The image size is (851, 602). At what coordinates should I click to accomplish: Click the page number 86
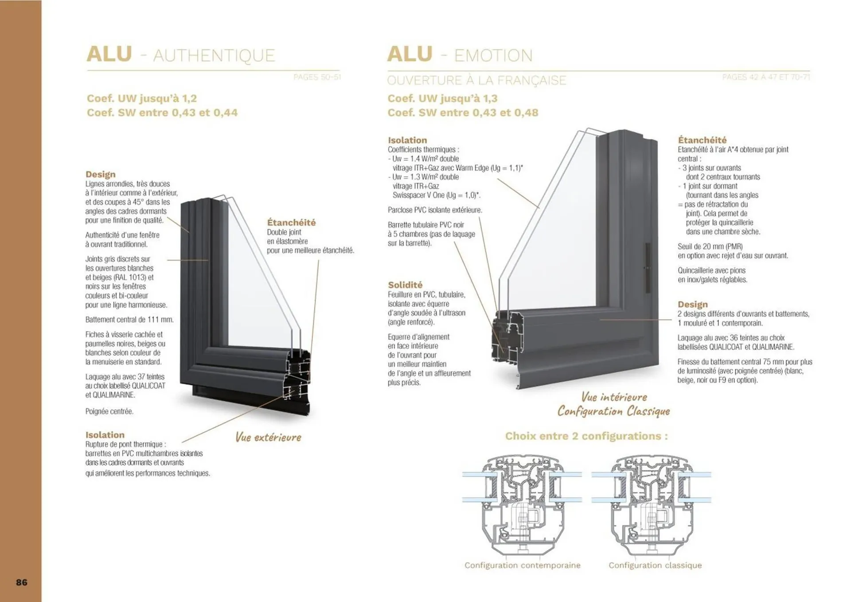tap(22, 582)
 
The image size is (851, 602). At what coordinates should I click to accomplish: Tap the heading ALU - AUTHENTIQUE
tap(181, 55)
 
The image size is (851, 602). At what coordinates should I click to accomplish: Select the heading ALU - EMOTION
tap(460, 55)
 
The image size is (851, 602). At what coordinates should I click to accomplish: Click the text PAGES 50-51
tap(317, 77)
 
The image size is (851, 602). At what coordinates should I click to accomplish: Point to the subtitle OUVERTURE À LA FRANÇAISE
tap(476, 81)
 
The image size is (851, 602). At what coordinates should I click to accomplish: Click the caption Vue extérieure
tap(268, 438)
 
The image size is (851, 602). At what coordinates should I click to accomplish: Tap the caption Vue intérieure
tap(614, 397)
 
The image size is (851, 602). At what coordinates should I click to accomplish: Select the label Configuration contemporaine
tap(522, 565)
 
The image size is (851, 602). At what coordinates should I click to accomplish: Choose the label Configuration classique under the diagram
tap(655, 565)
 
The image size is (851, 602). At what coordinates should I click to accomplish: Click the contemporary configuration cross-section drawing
tap(522, 505)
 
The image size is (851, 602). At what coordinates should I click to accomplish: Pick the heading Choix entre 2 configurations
tap(586, 436)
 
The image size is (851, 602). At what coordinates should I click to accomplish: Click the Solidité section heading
tap(405, 285)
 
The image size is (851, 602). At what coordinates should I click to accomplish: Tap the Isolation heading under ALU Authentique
tap(105, 435)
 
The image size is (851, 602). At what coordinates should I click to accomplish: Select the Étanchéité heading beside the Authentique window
tap(291, 223)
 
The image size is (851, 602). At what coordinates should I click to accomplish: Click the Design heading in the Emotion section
tap(692, 305)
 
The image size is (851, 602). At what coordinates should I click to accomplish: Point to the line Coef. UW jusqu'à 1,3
tap(442, 98)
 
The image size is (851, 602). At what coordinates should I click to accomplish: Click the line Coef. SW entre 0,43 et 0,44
tap(162, 113)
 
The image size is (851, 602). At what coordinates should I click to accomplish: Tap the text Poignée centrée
tap(109, 411)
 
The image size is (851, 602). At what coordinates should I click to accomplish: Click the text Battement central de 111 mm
tap(129, 320)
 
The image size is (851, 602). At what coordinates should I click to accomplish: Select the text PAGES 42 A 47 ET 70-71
tap(766, 77)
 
